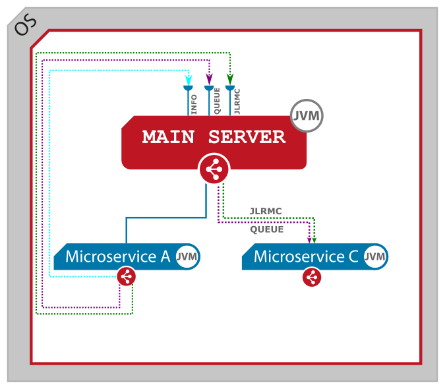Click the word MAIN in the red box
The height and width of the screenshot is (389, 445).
(168, 137)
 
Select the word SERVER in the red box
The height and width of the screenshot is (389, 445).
(247, 137)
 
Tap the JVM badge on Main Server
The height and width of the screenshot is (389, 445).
(307, 117)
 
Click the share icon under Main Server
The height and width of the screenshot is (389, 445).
(214, 170)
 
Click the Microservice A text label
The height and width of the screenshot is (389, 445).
(117, 256)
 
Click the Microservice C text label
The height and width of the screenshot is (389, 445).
(306, 256)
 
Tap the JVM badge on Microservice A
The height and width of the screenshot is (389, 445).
(188, 256)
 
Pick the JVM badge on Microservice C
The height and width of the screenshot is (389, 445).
(375, 256)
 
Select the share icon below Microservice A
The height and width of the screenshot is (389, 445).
(127, 277)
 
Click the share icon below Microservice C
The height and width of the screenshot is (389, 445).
(312, 278)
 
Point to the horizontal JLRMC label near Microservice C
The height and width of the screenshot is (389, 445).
(266, 211)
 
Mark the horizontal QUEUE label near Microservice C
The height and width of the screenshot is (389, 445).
(267, 229)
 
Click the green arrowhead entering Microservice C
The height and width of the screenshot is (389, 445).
(314, 240)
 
